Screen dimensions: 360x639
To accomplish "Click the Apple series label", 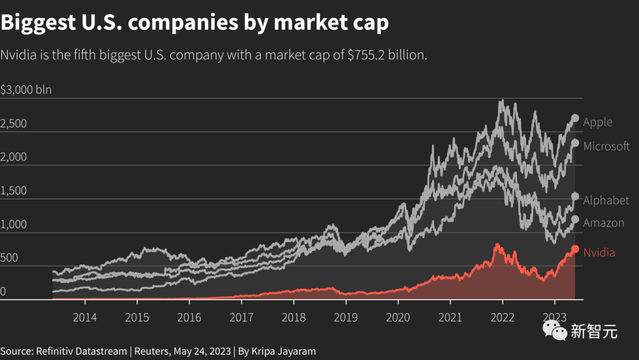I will pos(598,123).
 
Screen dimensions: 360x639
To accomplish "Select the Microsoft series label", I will pos(606,146).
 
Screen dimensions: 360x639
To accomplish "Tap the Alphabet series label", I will pos(606,201).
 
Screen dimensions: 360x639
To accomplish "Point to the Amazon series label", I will pos(603,223).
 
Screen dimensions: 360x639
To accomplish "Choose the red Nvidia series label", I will pos(599,253).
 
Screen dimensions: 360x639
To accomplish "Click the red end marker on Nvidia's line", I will pos(575,249).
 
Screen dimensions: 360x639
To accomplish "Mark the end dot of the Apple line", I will pos(575,118).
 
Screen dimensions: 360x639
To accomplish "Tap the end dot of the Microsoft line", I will pos(575,143).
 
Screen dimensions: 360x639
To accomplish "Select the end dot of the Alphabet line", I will pos(575,197).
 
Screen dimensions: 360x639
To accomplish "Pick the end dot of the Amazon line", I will pos(575,219).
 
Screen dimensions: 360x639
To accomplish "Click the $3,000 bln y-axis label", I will pos(26,90).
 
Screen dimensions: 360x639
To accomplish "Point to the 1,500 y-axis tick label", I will pos(14,191).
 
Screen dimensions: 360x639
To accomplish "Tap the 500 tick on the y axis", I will pos(9,258).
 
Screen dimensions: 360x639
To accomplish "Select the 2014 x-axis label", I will pos(85,317).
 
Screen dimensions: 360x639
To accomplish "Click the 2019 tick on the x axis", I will pos(346,317).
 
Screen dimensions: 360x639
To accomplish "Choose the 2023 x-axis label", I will pos(554,317).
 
